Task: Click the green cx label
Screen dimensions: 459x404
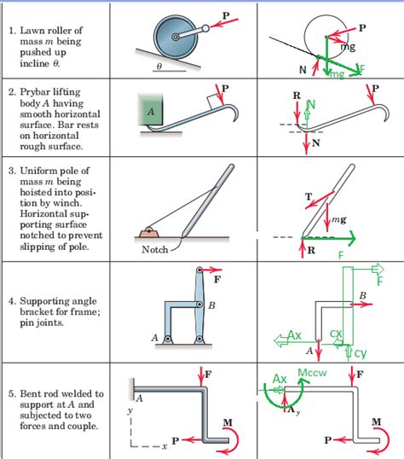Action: click(336, 334)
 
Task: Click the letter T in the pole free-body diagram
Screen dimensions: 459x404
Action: click(308, 197)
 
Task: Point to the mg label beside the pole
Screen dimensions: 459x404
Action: click(338, 219)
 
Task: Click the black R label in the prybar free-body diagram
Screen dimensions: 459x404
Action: click(296, 96)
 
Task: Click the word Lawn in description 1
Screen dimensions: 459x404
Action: click(32, 31)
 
